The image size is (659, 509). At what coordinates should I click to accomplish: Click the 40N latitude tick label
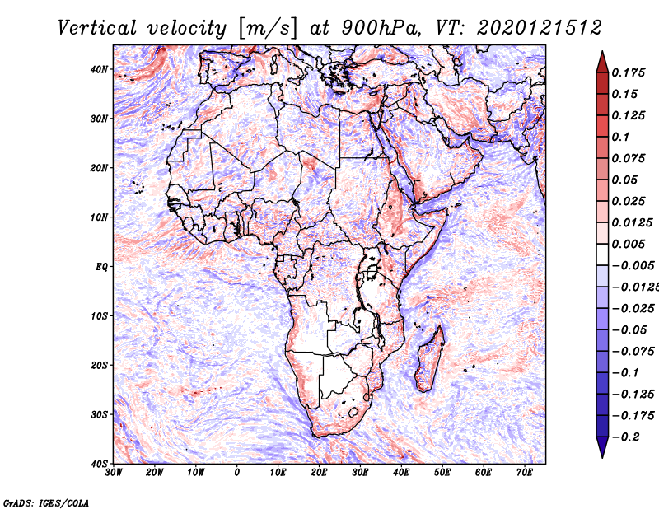pyautogui.click(x=99, y=69)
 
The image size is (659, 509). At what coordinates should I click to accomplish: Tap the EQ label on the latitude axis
pyautogui.click(x=101, y=267)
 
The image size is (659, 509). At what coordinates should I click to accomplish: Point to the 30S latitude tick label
pyautogui.click(x=99, y=414)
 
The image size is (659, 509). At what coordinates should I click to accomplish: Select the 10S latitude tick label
pyautogui.click(x=99, y=315)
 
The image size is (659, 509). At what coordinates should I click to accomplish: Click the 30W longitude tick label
pyautogui.click(x=114, y=473)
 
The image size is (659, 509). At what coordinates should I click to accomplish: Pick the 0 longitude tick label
pyautogui.click(x=237, y=473)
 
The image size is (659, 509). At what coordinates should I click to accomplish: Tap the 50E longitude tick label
pyautogui.click(x=442, y=473)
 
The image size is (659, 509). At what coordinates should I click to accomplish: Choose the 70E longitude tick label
pyautogui.click(x=525, y=473)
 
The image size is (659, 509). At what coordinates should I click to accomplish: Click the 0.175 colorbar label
pyautogui.click(x=628, y=72)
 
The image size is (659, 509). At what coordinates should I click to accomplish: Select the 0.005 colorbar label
pyautogui.click(x=628, y=244)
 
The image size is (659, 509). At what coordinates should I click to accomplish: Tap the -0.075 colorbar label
pyautogui.click(x=633, y=352)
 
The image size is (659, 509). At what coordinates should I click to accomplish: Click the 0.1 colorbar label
pyautogui.click(x=620, y=137)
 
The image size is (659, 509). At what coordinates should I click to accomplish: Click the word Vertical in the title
pyautogui.click(x=97, y=28)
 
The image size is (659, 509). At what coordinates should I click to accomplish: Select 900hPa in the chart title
pyautogui.click(x=381, y=28)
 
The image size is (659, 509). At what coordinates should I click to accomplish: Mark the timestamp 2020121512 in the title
pyautogui.click(x=540, y=28)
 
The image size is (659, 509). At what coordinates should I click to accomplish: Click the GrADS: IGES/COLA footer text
pyautogui.click(x=46, y=503)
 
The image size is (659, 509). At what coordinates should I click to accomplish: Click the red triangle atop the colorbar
pyautogui.click(x=602, y=63)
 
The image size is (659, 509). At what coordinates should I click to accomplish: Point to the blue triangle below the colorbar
pyautogui.click(x=602, y=446)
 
